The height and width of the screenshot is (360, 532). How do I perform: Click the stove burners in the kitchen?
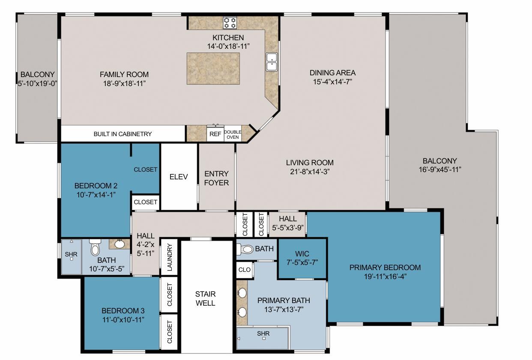(x=230, y=22)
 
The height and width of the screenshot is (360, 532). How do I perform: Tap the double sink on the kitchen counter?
(x=271, y=62)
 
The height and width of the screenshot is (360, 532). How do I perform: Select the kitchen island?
(x=213, y=68)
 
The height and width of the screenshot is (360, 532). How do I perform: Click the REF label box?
(x=215, y=134)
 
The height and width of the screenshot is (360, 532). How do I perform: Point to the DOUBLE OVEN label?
(x=233, y=134)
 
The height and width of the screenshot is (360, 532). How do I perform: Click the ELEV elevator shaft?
(x=179, y=177)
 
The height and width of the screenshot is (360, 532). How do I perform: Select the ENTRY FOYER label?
(x=216, y=178)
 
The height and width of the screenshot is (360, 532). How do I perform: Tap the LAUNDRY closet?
(x=169, y=257)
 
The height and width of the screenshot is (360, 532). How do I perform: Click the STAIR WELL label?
(x=206, y=298)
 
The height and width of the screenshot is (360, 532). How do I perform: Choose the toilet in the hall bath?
(x=95, y=248)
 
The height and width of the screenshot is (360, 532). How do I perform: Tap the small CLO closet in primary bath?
(x=244, y=270)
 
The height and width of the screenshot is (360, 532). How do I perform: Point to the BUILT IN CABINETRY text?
(x=123, y=134)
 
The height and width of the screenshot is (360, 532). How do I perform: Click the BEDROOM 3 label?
(x=120, y=311)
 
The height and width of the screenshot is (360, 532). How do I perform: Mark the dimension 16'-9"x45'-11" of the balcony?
(x=439, y=169)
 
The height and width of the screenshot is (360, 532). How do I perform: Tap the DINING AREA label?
(x=332, y=73)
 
